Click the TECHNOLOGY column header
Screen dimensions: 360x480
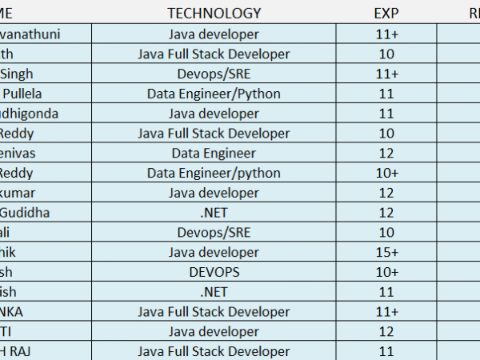point(214,13)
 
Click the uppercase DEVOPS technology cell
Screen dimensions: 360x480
point(214,273)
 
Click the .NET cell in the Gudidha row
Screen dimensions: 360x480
point(214,213)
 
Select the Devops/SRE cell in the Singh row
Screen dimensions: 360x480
point(214,74)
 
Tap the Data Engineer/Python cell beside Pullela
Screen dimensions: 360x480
point(214,94)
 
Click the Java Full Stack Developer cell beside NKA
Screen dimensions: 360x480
point(214,312)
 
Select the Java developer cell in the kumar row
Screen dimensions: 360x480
point(214,193)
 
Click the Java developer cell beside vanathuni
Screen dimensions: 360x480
point(214,34)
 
